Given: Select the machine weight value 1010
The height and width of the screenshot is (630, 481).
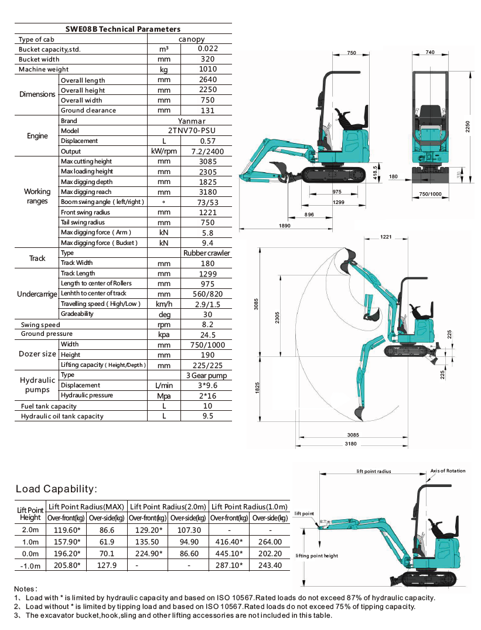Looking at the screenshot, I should click(x=207, y=69).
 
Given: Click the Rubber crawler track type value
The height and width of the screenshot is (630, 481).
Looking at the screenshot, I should click(x=207, y=253).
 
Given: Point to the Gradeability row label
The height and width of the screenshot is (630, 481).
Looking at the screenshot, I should click(x=77, y=314).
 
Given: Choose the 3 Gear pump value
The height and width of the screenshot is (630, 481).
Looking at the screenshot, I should click(x=207, y=375).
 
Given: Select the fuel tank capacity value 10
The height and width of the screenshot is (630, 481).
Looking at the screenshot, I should click(x=207, y=406).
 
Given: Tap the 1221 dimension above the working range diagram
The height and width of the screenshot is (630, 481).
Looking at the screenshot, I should click(x=386, y=237).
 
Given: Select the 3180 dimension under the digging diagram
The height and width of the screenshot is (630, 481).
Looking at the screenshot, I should click(x=351, y=444).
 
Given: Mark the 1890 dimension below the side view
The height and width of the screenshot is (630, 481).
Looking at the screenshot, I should click(x=285, y=225).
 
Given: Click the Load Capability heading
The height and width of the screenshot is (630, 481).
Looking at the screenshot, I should click(x=55, y=489).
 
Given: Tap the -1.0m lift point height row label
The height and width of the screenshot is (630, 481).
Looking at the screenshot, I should click(x=30, y=565).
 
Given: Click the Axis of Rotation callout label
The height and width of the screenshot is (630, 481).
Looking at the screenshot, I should click(x=448, y=471).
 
